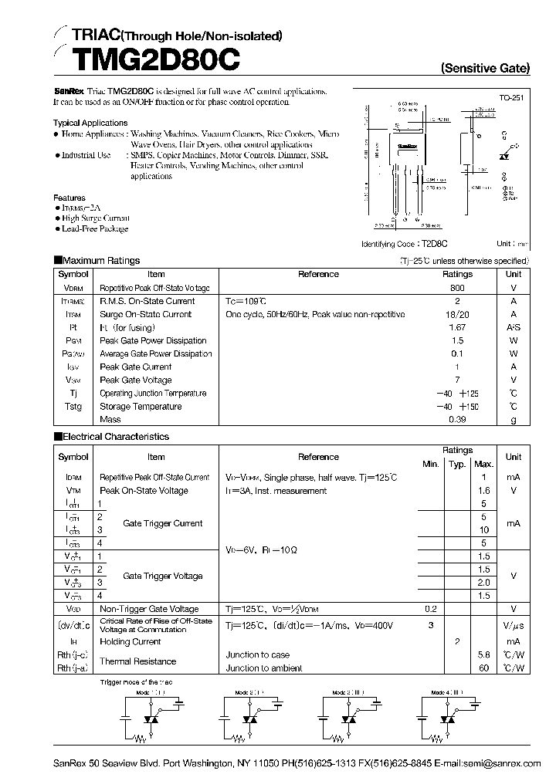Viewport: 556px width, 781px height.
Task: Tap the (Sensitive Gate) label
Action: coord(485,69)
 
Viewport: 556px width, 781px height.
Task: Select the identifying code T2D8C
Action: coord(432,243)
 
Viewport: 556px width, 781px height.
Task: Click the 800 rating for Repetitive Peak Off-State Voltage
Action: coord(457,287)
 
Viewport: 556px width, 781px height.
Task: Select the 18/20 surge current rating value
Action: coord(457,314)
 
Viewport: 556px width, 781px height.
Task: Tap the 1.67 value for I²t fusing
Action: coord(457,327)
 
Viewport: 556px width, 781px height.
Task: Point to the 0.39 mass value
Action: coord(457,419)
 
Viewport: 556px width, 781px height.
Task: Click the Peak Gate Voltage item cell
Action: coord(135,380)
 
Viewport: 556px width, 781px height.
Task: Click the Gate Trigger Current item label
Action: coord(162,523)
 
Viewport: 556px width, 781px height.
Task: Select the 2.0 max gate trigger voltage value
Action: coord(483,583)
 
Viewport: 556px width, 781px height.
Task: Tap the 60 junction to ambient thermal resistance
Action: coord(483,668)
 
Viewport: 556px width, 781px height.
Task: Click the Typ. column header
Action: coord(457,464)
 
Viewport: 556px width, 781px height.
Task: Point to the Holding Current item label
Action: coord(130,641)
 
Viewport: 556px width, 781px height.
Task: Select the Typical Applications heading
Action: coord(90,123)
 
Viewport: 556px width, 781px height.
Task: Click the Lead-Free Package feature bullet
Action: coord(94,229)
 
